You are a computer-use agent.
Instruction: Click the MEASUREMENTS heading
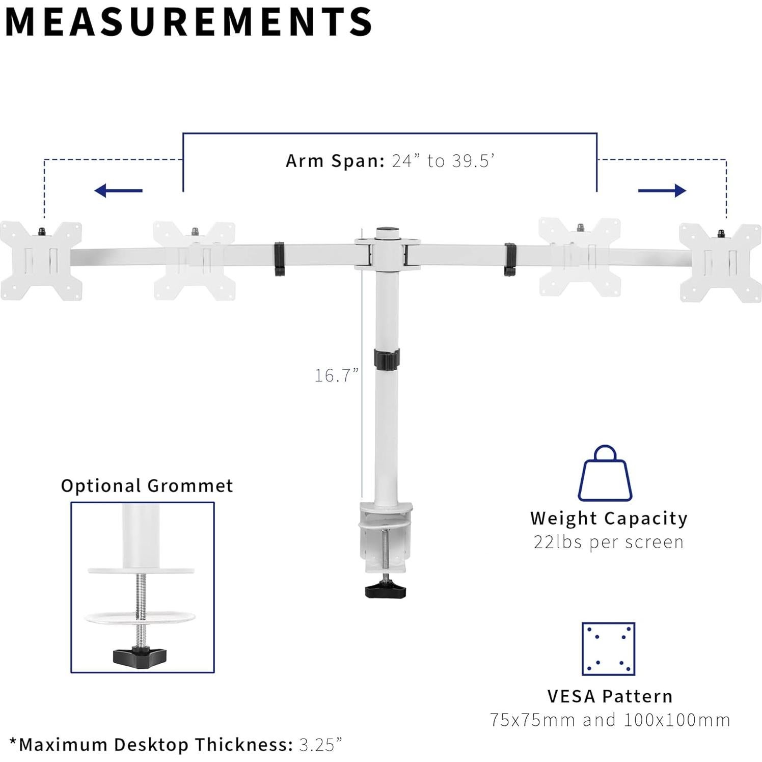[188, 21]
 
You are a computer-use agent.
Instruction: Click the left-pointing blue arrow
[118, 191]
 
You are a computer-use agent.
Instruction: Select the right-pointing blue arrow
[662, 191]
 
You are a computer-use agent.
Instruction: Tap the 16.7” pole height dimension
[336, 375]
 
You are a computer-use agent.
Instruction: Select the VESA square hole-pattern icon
[608, 648]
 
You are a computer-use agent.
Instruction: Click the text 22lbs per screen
[609, 542]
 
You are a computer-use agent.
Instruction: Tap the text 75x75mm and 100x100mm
[610, 720]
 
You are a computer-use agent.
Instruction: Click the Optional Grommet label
[147, 485]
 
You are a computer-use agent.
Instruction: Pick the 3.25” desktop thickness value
[320, 745]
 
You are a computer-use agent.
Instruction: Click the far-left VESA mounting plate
[41, 261]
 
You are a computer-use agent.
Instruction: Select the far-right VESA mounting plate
[720, 263]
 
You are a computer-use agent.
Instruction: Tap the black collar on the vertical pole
[387, 359]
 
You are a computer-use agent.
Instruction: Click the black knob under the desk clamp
[386, 590]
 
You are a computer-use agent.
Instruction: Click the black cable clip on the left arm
[279, 259]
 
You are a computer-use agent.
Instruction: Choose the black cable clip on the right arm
[510, 259]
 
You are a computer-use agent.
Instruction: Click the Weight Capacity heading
[609, 519]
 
